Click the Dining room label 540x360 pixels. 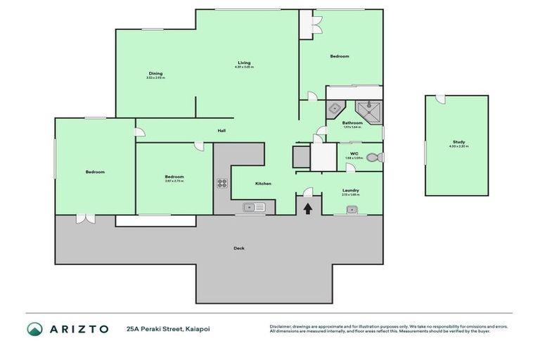pyautogui.click(x=155, y=73)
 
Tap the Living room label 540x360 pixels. pyautogui.click(x=243, y=63)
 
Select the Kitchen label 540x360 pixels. pyautogui.click(x=263, y=184)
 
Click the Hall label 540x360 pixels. pyautogui.click(x=221, y=131)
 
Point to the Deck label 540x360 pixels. pyautogui.click(x=239, y=247)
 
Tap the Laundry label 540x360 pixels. pyautogui.click(x=351, y=190)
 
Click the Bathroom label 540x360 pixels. pyautogui.click(x=352, y=123)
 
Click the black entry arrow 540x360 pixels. pyautogui.click(x=307, y=207)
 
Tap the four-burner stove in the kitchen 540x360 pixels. pyautogui.click(x=221, y=184)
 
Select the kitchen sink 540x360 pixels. pyautogui.click(x=253, y=207)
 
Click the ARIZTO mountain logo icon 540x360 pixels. pyautogui.click(x=35, y=328)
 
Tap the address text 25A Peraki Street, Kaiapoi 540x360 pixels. pyautogui.click(x=168, y=328)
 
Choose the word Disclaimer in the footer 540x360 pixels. pyautogui.click(x=282, y=326)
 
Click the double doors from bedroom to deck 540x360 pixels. pyautogui.click(x=85, y=218)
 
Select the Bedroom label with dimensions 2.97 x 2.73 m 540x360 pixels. pyautogui.click(x=174, y=177)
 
